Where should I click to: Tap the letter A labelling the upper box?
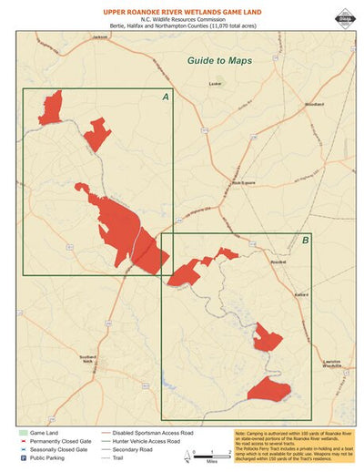tap(165, 97)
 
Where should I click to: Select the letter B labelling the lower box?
tap(305, 241)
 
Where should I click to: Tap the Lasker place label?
tap(215, 83)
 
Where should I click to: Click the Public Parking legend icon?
tap(21, 458)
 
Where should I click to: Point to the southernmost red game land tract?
tap(268, 390)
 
